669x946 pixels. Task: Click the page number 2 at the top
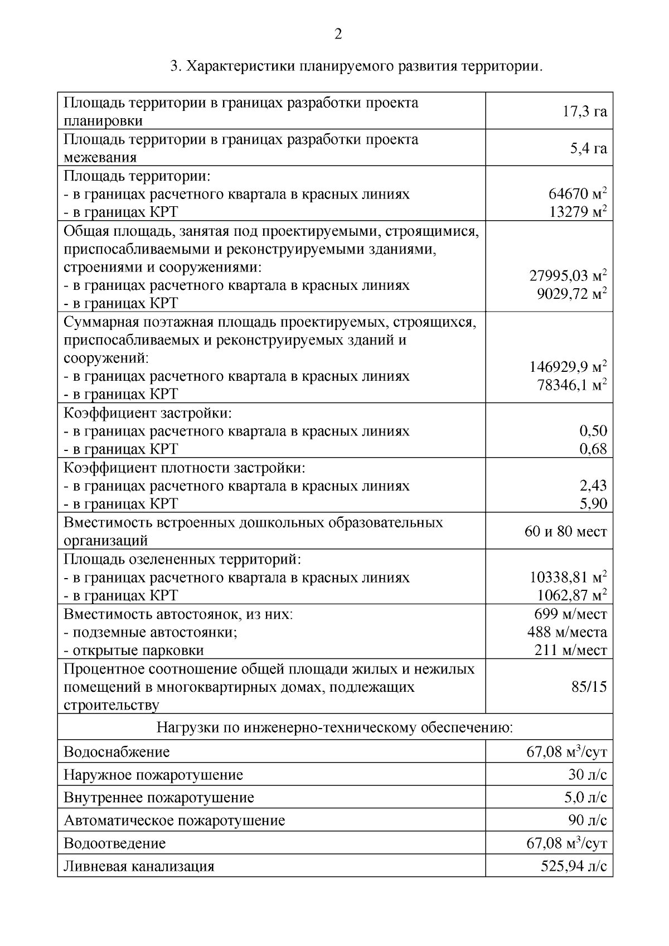[x=338, y=35]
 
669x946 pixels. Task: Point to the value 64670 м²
[x=578, y=194]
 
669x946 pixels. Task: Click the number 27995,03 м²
[x=568, y=275]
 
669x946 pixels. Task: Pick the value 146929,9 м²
[x=568, y=367]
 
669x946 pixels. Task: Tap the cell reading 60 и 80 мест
[x=565, y=531]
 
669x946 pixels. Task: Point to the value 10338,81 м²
[x=568, y=577]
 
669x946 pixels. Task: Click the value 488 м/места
[x=567, y=632]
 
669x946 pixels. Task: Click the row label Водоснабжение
[x=117, y=752]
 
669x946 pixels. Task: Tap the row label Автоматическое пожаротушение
[x=174, y=821]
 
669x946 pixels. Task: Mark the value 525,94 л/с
[x=573, y=866]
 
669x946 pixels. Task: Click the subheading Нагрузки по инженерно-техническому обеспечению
[x=334, y=727]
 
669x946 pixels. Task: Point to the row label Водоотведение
[x=115, y=843]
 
